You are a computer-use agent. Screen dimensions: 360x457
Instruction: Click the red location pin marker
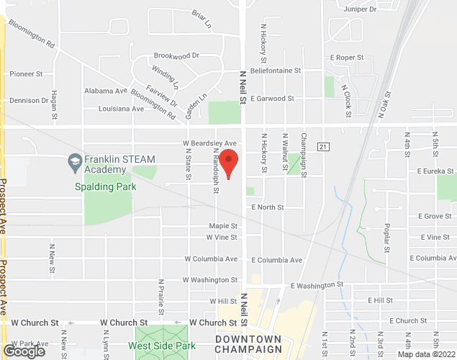point(229,165)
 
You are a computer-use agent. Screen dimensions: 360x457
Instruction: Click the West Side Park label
point(166,346)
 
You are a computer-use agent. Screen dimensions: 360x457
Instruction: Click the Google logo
point(24,351)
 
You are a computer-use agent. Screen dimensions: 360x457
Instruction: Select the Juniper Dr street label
point(361,9)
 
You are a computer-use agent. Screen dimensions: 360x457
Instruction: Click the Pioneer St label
point(27,73)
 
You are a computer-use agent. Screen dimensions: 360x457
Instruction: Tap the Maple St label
point(223,225)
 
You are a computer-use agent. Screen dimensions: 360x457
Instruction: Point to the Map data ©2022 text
point(427,354)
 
